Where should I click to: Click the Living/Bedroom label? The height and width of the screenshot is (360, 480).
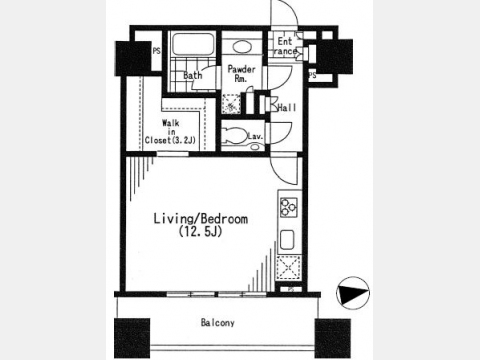click(201, 219)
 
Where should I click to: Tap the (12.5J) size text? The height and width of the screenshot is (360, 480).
click(200, 231)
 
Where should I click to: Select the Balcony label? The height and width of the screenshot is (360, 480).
click(218, 323)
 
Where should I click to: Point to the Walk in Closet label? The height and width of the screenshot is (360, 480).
click(170, 132)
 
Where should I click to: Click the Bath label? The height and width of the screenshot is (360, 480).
click(193, 76)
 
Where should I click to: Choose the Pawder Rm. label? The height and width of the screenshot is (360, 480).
click(241, 74)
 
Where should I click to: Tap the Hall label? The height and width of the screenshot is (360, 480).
click(287, 108)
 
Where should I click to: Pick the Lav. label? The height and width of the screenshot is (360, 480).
click(255, 136)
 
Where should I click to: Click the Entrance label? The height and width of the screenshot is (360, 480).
click(285, 46)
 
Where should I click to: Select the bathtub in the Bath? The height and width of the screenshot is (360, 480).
click(193, 44)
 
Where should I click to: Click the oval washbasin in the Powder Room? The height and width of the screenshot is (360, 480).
click(242, 47)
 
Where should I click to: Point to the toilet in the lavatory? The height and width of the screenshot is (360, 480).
click(234, 135)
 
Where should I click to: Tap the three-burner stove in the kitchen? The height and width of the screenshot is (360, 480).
click(288, 207)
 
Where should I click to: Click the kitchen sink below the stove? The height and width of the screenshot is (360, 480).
click(287, 239)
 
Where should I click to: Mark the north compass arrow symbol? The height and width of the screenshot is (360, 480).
click(353, 293)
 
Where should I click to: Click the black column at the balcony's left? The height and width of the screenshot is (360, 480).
click(132, 338)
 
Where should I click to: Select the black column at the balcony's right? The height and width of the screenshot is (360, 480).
click(333, 338)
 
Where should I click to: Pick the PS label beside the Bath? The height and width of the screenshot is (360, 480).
click(156, 51)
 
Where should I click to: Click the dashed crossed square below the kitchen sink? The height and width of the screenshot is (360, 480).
click(289, 268)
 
